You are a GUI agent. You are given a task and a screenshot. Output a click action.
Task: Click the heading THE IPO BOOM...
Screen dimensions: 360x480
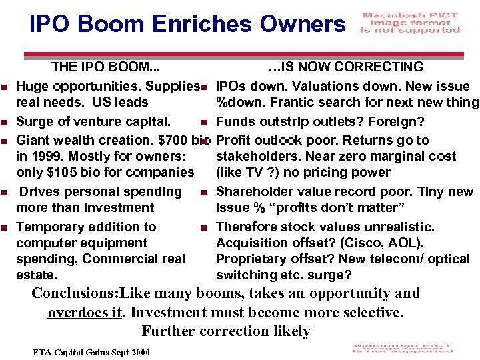pos(105,67)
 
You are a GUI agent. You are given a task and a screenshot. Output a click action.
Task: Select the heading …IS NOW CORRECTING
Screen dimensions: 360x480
pos(345,67)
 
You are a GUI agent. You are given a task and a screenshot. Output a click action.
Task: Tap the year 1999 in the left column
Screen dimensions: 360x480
pos(45,157)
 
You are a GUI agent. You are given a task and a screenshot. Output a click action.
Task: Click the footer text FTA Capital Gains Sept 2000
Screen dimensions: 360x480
pos(91,352)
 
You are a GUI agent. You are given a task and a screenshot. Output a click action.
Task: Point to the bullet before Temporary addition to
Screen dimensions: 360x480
pos(5,228)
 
